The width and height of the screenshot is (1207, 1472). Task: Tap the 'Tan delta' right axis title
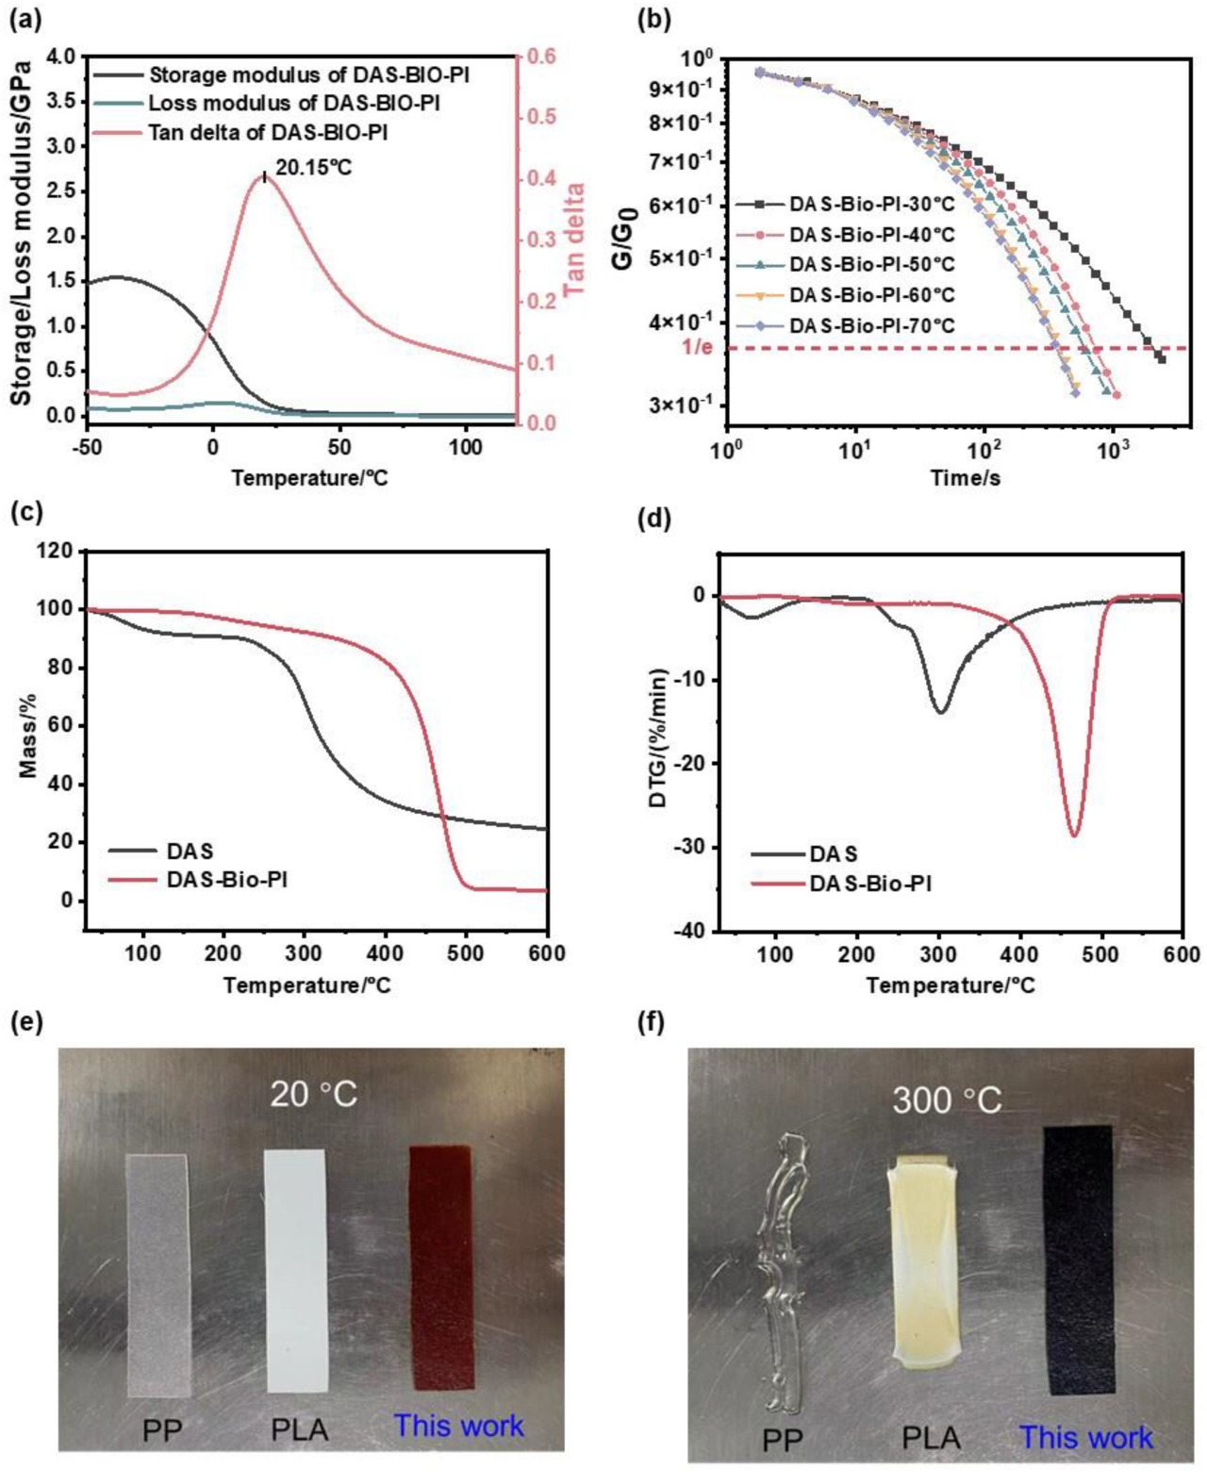[x=574, y=240]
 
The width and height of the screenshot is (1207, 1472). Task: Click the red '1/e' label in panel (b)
[x=697, y=347]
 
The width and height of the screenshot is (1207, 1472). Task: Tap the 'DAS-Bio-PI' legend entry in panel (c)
[x=226, y=880]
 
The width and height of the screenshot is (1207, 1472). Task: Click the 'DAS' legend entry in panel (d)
[x=833, y=854]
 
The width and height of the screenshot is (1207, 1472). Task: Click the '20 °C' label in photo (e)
[x=313, y=1095]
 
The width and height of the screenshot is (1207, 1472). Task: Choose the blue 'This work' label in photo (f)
[x=1085, y=1437]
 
